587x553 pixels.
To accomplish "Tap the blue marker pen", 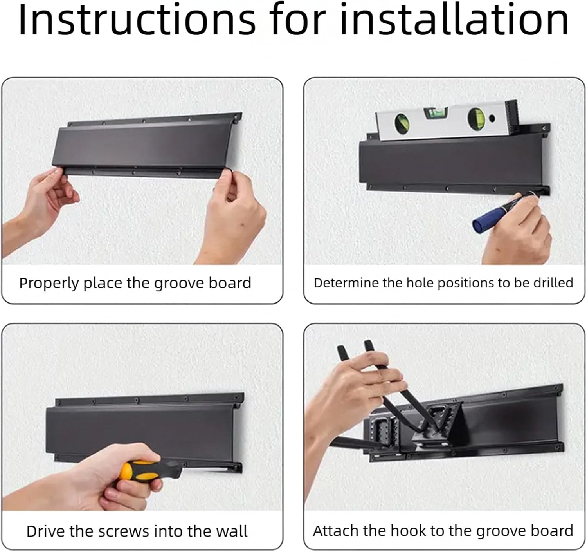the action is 503,212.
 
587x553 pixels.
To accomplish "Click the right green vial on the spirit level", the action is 476,119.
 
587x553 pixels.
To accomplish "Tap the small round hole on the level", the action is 492,118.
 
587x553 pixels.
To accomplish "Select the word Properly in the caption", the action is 49,284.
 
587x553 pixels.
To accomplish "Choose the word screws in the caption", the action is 124,532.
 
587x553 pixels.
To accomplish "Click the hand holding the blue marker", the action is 517,231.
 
